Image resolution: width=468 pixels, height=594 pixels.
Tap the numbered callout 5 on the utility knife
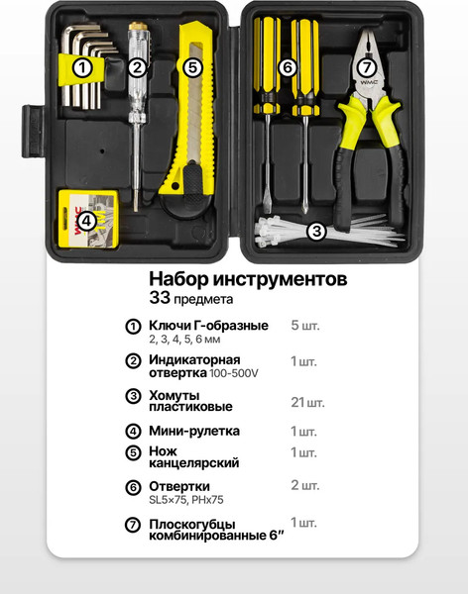pyautogui.click(x=192, y=67)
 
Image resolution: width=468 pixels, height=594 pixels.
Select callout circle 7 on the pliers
pyautogui.click(x=365, y=67)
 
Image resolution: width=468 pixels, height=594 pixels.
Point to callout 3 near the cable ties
pyautogui.click(x=316, y=232)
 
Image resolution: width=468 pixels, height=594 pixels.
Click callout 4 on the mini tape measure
pyautogui.click(x=86, y=222)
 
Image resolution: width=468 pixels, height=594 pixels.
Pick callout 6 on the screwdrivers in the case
pyautogui.click(x=288, y=67)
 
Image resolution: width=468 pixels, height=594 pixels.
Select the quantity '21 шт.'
pyautogui.click(x=307, y=402)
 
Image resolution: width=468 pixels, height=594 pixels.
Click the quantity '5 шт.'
pyautogui.click(x=304, y=326)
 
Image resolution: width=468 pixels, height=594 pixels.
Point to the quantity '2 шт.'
pyautogui.click(x=304, y=485)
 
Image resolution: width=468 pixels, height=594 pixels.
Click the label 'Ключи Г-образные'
pyautogui.click(x=208, y=326)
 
